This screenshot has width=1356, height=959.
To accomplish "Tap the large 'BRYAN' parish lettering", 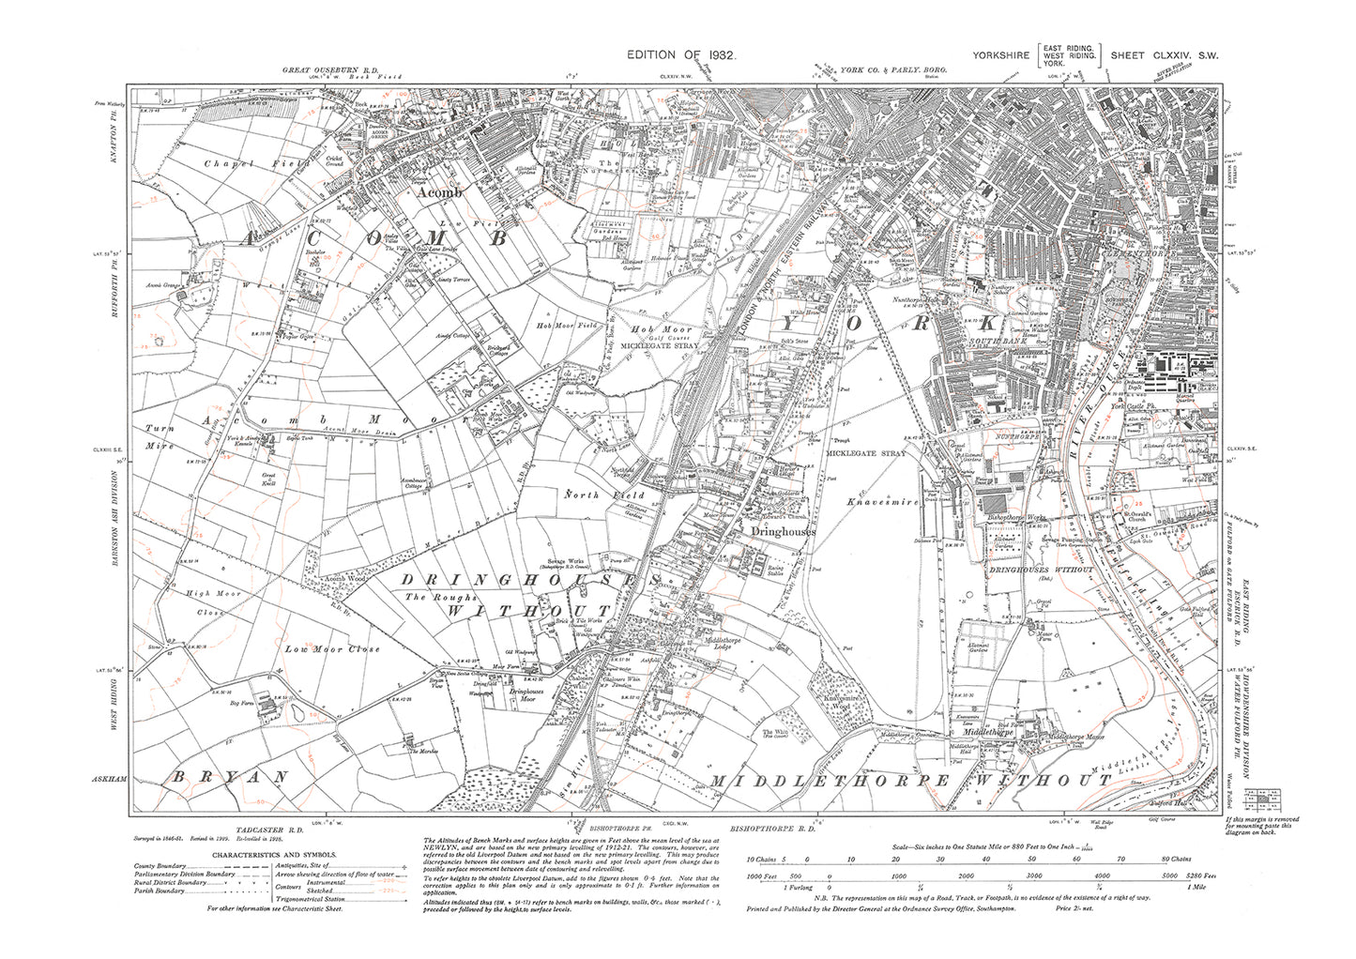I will pyautogui.click(x=229, y=778).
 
